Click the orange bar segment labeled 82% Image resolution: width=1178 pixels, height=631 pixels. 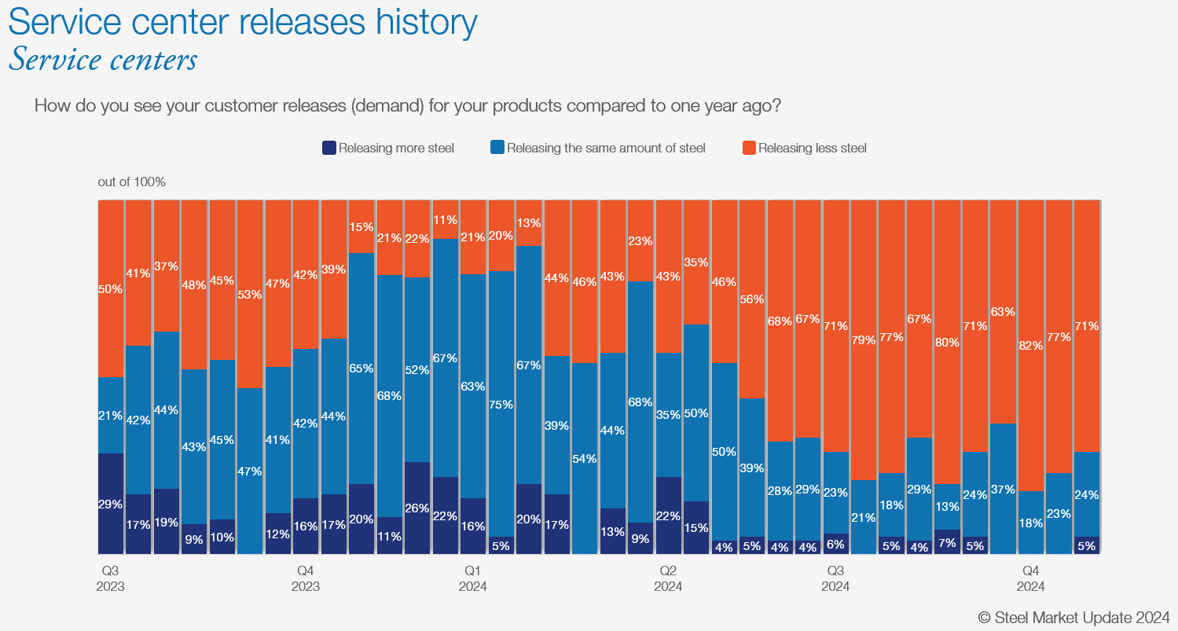point(1030,346)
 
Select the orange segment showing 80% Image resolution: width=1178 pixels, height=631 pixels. point(947,342)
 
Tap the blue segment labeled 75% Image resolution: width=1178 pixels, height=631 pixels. point(501,404)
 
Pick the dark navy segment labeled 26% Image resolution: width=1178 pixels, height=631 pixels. point(417,508)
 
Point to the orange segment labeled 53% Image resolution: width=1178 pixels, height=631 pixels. point(250,294)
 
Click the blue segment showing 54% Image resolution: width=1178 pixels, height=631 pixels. point(585,458)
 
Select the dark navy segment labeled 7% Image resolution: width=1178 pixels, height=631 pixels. point(947,542)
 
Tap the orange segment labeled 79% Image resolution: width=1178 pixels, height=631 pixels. point(864,339)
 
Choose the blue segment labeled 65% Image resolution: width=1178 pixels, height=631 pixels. point(361,368)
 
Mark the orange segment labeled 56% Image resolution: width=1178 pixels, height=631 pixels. point(752,299)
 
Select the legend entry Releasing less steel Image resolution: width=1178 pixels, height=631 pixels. point(812,148)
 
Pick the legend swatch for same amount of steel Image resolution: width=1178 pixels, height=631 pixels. point(497,148)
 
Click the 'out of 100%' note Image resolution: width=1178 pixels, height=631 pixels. point(131,182)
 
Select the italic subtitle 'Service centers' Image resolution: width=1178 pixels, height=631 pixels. point(103,60)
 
